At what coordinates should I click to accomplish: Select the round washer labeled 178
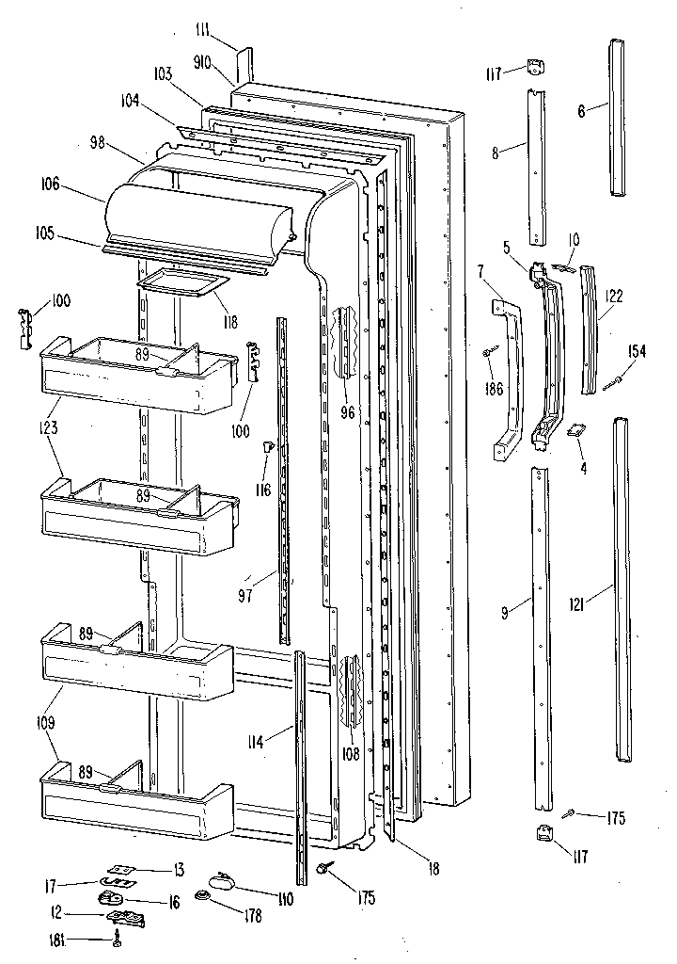[202, 897]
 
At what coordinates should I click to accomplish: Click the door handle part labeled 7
[507, 377]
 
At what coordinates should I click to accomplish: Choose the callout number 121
[578, 605]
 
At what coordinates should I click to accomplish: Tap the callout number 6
[581, 111]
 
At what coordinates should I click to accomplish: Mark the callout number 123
[49, 427]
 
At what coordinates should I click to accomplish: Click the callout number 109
[47, 724]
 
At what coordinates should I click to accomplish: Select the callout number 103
[163, 74]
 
